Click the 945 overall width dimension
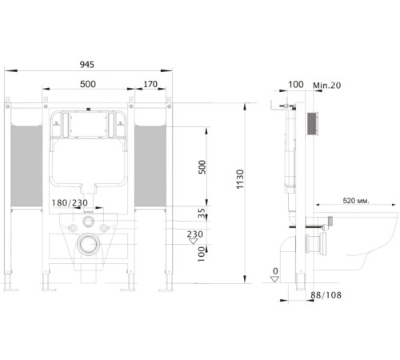[87, 65]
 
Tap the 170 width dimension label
[150, 84]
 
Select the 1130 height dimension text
[240, 179]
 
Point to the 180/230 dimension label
[70, 203]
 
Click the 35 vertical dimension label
[202, 214]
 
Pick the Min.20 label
[327, 86]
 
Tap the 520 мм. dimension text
[356, 201]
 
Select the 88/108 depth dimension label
[326, 295]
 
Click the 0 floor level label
[275, 271]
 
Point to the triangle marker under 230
[193, 242]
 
